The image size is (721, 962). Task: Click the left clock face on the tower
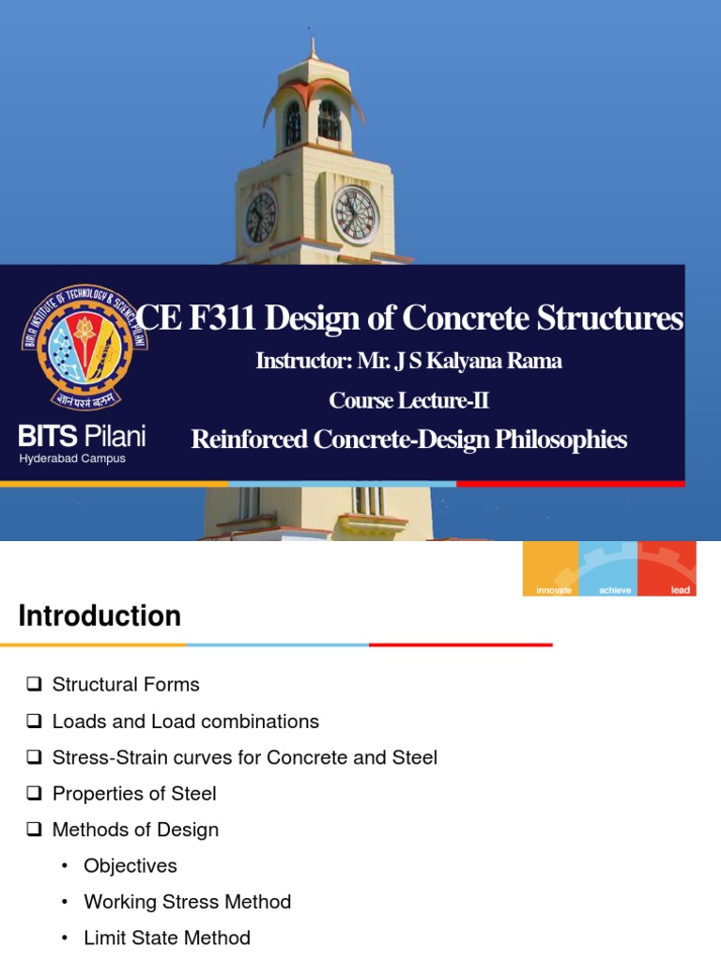(260, 217)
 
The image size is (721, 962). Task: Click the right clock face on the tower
(355, 213)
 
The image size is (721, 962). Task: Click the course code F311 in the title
(222, 319)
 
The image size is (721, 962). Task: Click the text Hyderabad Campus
(72, 458)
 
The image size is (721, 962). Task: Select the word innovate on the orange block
(551, 590)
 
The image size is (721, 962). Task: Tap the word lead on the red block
(681, 590)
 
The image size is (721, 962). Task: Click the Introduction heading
(100, 616)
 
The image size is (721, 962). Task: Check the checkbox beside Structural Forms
(35, 685)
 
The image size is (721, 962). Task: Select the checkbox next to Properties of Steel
(35, 794)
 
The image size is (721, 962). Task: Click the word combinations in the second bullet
(267, 721)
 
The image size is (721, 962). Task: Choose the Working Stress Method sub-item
(187, 902)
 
